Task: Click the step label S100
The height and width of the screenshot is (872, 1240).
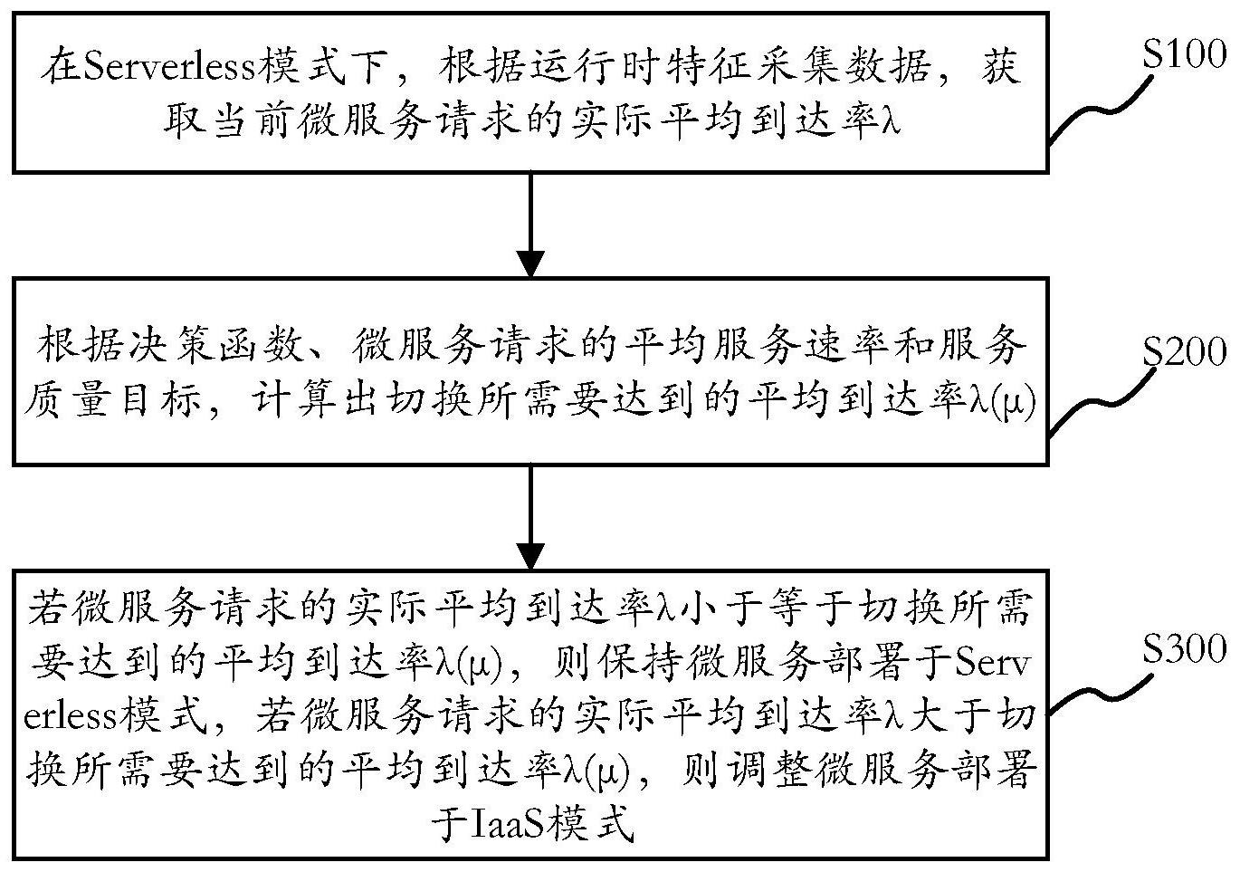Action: (x=1184, y=55)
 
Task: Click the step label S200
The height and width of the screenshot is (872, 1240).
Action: (x=1184, y=351)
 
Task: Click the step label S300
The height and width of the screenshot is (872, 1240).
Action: (x=1184, y=648)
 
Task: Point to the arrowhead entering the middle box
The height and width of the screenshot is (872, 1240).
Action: (x=530, y=264)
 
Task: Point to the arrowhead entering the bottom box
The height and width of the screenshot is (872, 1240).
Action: (x=530, y=556)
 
